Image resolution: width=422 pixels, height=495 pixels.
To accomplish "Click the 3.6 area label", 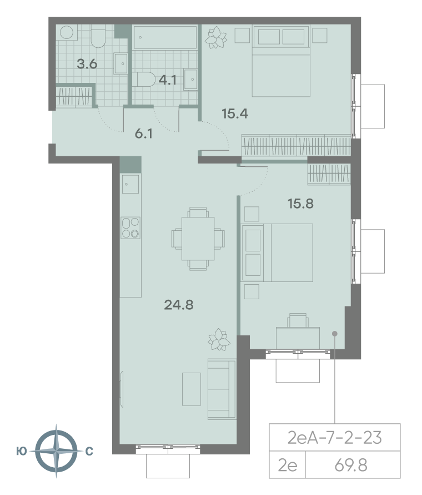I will point(87,63).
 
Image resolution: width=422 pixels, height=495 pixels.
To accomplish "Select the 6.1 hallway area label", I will point(145,133).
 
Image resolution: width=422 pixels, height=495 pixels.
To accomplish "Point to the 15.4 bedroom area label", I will point(234,114).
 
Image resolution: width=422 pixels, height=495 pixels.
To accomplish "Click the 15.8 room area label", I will point(300,204).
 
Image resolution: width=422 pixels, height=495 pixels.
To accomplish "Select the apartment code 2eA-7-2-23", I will point(335,438).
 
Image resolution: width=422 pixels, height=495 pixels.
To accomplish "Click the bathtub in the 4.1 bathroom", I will point(165,38).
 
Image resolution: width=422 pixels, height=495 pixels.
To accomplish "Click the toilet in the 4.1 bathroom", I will point(144,80).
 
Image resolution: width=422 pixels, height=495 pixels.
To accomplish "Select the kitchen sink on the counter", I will point(130,184).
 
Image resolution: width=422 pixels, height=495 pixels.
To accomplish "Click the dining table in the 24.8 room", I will point(198,239).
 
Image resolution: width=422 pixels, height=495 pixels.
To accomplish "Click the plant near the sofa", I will point(219,339).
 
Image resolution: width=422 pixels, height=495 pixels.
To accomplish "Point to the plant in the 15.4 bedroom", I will point(217,38).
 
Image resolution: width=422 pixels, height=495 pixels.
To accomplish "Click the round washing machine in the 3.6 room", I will point(68,32).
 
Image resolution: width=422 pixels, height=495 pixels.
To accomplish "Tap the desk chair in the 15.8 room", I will point(297,321).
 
